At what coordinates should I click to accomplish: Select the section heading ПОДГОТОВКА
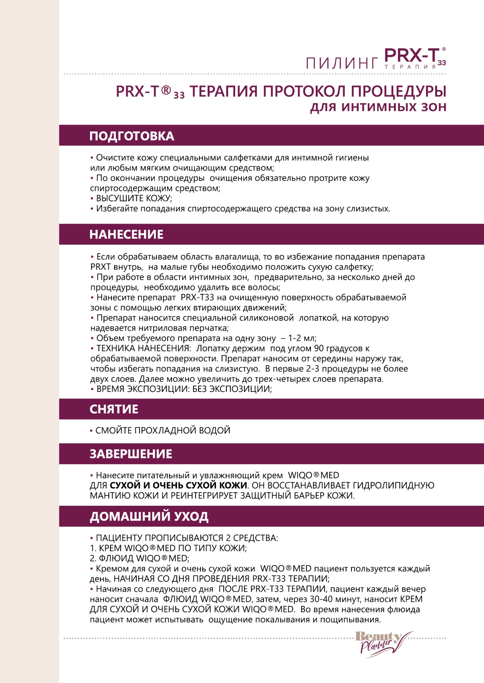click(x=132, y=136)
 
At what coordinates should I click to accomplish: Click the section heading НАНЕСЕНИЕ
click(x=127, y=235)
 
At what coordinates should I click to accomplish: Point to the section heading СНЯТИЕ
click(x=114, y=409)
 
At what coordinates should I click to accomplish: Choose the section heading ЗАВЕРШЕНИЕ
click(x=131, y=454)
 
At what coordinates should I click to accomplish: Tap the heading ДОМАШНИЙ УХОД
click(x=149, y=517)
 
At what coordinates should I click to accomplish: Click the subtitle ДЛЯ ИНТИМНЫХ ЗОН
click(x=378, y=107)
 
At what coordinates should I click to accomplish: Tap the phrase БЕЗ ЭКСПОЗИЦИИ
click(x=232, y=389)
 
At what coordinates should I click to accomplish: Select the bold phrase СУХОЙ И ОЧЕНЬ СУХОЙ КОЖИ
click(x=178, y=485)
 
